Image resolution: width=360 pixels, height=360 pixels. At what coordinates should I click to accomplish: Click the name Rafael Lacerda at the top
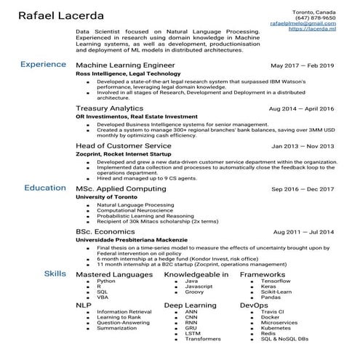click(x=61, y=16)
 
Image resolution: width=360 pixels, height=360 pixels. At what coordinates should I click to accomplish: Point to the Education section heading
click(x=44, y=188)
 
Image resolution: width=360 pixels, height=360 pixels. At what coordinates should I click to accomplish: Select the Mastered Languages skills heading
click(x=113, y=275)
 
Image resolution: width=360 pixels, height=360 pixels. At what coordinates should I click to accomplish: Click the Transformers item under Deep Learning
click(x=202, y=339)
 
